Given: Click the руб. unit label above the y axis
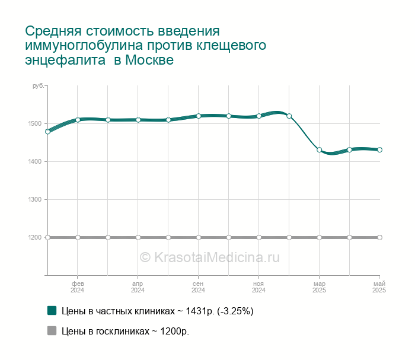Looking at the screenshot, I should pyautogui.click(x=38, y=87).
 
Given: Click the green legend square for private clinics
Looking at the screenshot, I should pyautogui.click(x=52, y=310).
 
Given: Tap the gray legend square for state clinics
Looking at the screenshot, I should pyautogui.click(x=52, y=330).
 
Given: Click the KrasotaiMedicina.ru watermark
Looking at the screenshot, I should pyautogui.click(x=209, y=257).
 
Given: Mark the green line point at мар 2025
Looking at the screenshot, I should pyautogui.click(x=319, y=149).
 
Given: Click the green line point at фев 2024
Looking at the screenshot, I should pyautogui.click(x=78, y=120).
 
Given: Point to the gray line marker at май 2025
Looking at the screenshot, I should pyautogui.click(x=379, y=237).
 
